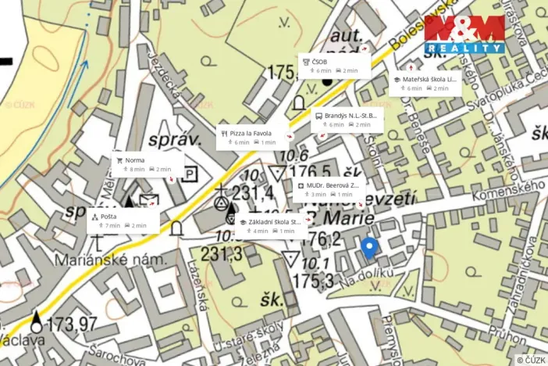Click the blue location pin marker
[x=370, y=249]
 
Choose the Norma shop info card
[x=146, y=163]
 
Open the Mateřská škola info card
[x=425, y=83]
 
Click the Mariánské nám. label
[x=98, y=260]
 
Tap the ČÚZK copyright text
[x=530, y=360]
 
